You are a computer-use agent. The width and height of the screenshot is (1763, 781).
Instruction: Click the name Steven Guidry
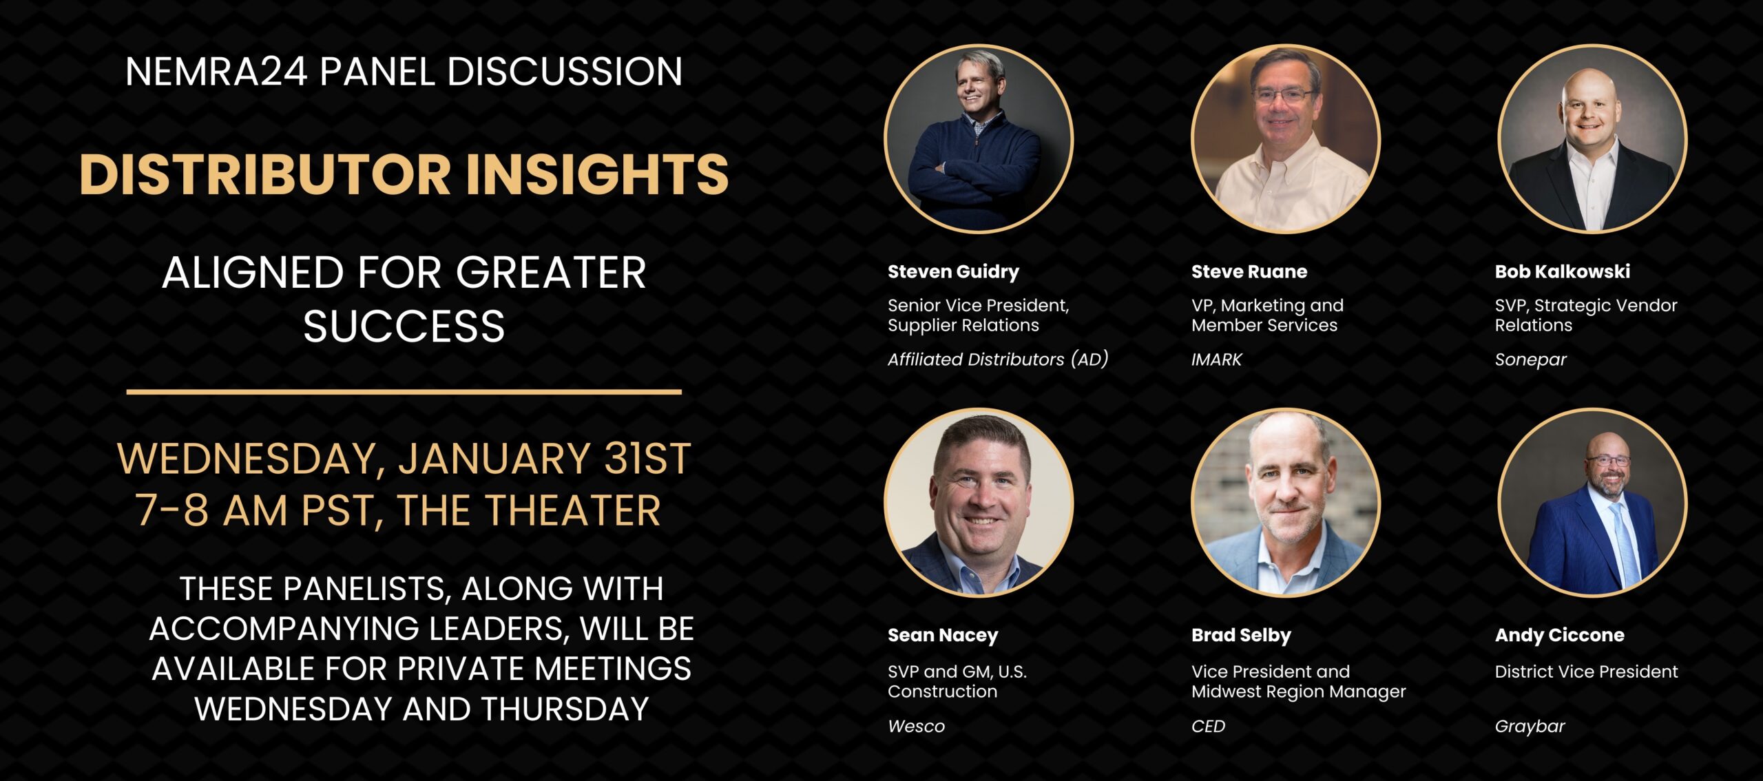953,272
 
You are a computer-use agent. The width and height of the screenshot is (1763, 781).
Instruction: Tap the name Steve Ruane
1249,271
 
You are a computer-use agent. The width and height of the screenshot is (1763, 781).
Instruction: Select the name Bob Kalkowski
1562,271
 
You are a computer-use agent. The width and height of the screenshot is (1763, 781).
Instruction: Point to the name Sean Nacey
943,636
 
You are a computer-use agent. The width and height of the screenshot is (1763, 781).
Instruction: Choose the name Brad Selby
1241,636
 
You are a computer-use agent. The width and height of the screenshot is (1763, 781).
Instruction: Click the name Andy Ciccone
1559,636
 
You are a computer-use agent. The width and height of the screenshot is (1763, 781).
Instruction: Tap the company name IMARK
1216,360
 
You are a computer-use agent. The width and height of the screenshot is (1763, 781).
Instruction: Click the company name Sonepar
1530,360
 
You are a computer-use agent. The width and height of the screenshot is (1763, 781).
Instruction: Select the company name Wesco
916,726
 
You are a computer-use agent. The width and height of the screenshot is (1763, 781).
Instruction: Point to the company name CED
1208,726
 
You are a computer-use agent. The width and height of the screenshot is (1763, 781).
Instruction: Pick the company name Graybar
1530,727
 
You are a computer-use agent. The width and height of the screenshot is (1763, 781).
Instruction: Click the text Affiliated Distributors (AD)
998,360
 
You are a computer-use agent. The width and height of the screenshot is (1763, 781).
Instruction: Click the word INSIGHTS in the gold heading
598,174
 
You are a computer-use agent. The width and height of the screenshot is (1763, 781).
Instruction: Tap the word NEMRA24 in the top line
216,72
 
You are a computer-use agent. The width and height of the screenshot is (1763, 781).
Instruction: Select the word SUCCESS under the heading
404,326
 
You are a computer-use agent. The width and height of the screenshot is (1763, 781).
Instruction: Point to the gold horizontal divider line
404,392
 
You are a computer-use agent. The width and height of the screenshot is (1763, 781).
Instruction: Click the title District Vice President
1586,671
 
